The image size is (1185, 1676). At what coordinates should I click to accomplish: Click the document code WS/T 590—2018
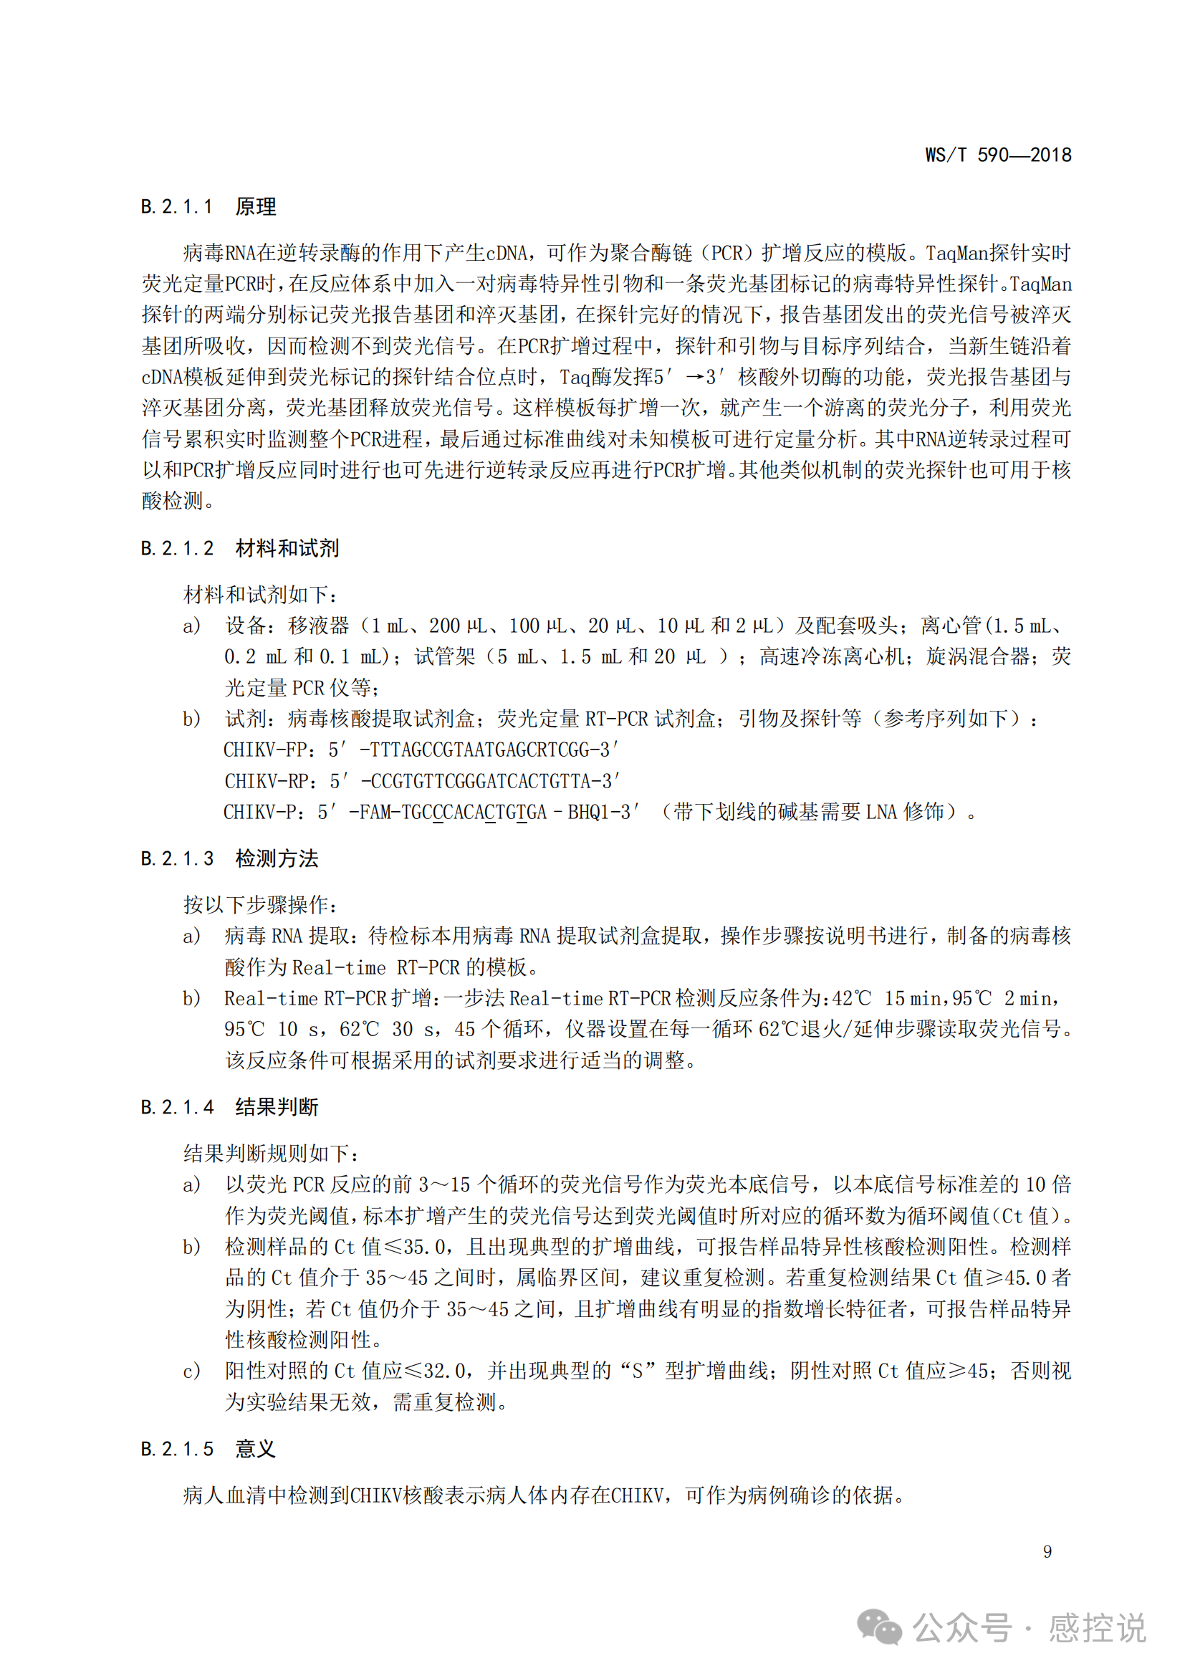pyautogui.click(x=997, y=155)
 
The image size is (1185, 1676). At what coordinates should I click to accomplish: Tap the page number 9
pyautogui.click(x=1047, y=1551)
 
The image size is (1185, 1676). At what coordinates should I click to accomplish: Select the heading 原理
pyautogui.click(x=255, y=206)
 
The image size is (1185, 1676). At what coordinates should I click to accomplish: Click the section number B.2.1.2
pyautogui.click(x=177, y=548)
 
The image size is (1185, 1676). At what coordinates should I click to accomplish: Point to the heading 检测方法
pyautogui.click(x=277, y=858)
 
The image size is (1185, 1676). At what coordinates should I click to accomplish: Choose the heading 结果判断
pyautogui.click(x=277, y=1107)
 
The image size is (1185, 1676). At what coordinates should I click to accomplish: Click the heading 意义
pyautogui.click(x=255, y=1449)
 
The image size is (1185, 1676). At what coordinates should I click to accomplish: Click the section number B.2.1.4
pyautogui.click(x=177, y=1107)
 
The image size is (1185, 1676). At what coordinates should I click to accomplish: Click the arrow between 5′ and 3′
pyautogui.click(x=696, y=377)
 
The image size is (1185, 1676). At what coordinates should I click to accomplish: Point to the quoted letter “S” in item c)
pyautogui.click(x=637, y=1371)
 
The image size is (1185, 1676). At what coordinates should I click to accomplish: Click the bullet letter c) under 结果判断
pyautogui.click(x=191, y=1371)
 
